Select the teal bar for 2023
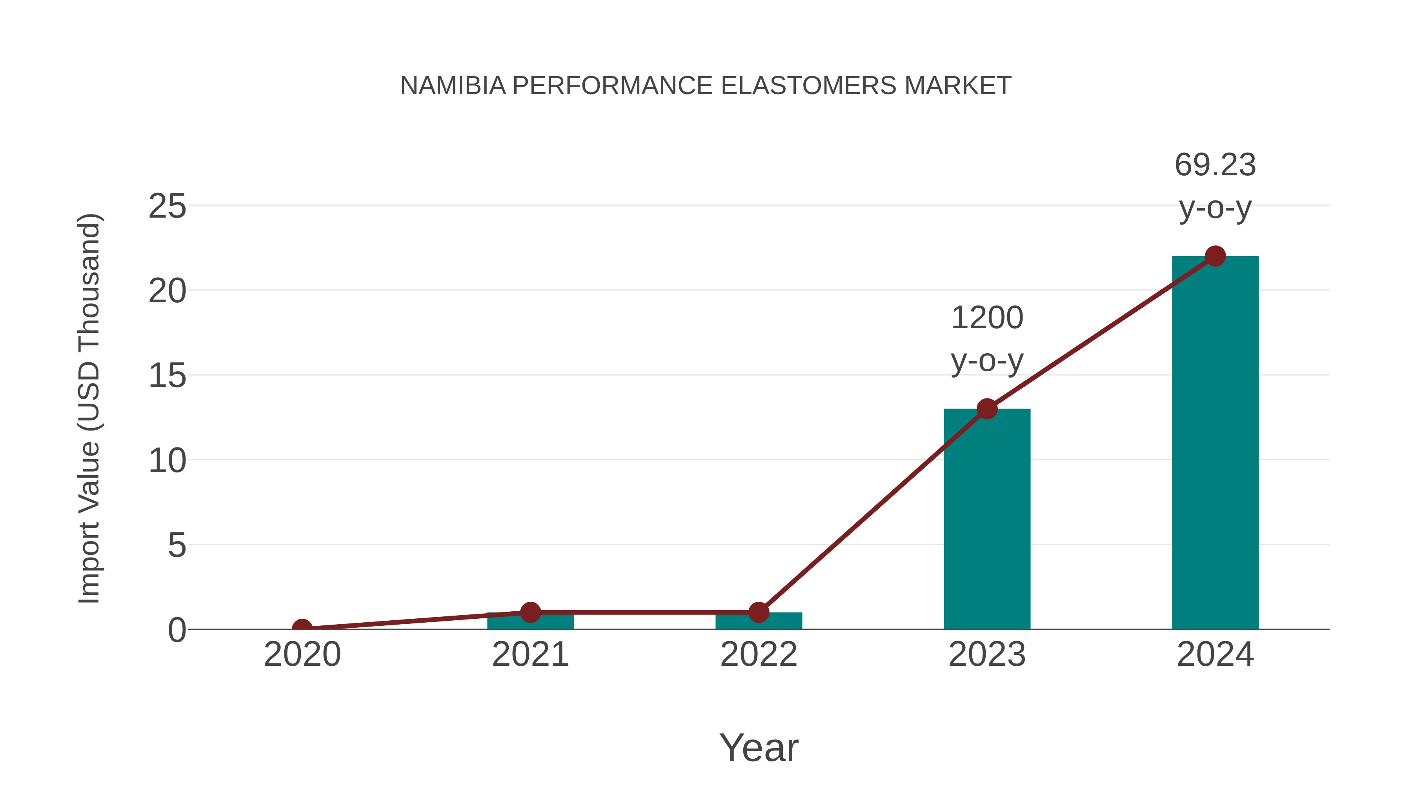tap(987, 521)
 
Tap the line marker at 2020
tap(302, 629)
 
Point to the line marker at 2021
tap(530, 612)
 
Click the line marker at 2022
tap(759, 612)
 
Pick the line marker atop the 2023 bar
tap(987, 409)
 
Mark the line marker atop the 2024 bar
tap(1215, 256)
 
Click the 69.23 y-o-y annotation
tap(1215, 186)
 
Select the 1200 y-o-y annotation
tap(987, 339)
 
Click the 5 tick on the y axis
tap(177, 546)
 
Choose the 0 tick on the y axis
tap(177, 630)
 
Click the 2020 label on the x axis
tap(302, 655)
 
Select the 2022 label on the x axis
tap(759, 655)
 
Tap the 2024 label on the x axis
tap(1215, 655)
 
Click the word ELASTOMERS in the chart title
tap(809, 86)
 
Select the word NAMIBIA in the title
tap(453, 86)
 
